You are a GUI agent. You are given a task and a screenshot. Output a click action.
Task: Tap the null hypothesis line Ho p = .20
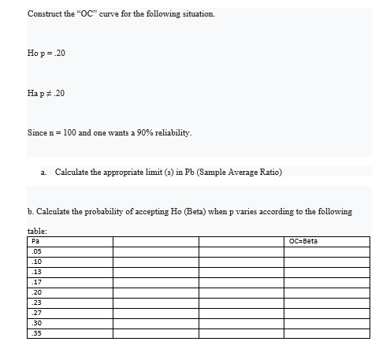click(52, 54)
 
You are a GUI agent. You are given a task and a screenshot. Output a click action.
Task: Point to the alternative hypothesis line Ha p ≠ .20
click(52, 93)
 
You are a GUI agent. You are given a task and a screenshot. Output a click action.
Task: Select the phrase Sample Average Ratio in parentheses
click(242, 171)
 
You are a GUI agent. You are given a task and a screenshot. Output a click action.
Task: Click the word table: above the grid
click(37, 231)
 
